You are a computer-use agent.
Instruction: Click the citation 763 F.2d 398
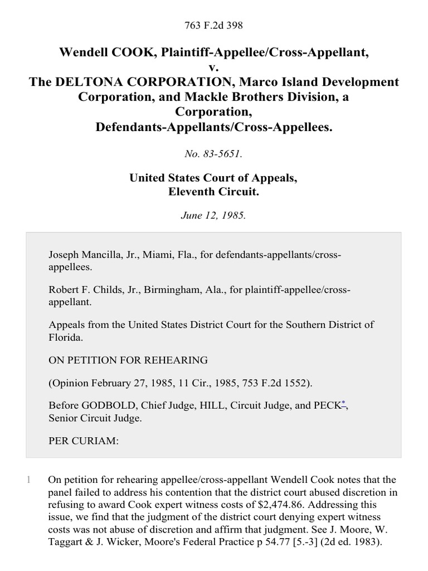point(214,25)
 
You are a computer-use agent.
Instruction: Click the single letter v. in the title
point(214,68)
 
